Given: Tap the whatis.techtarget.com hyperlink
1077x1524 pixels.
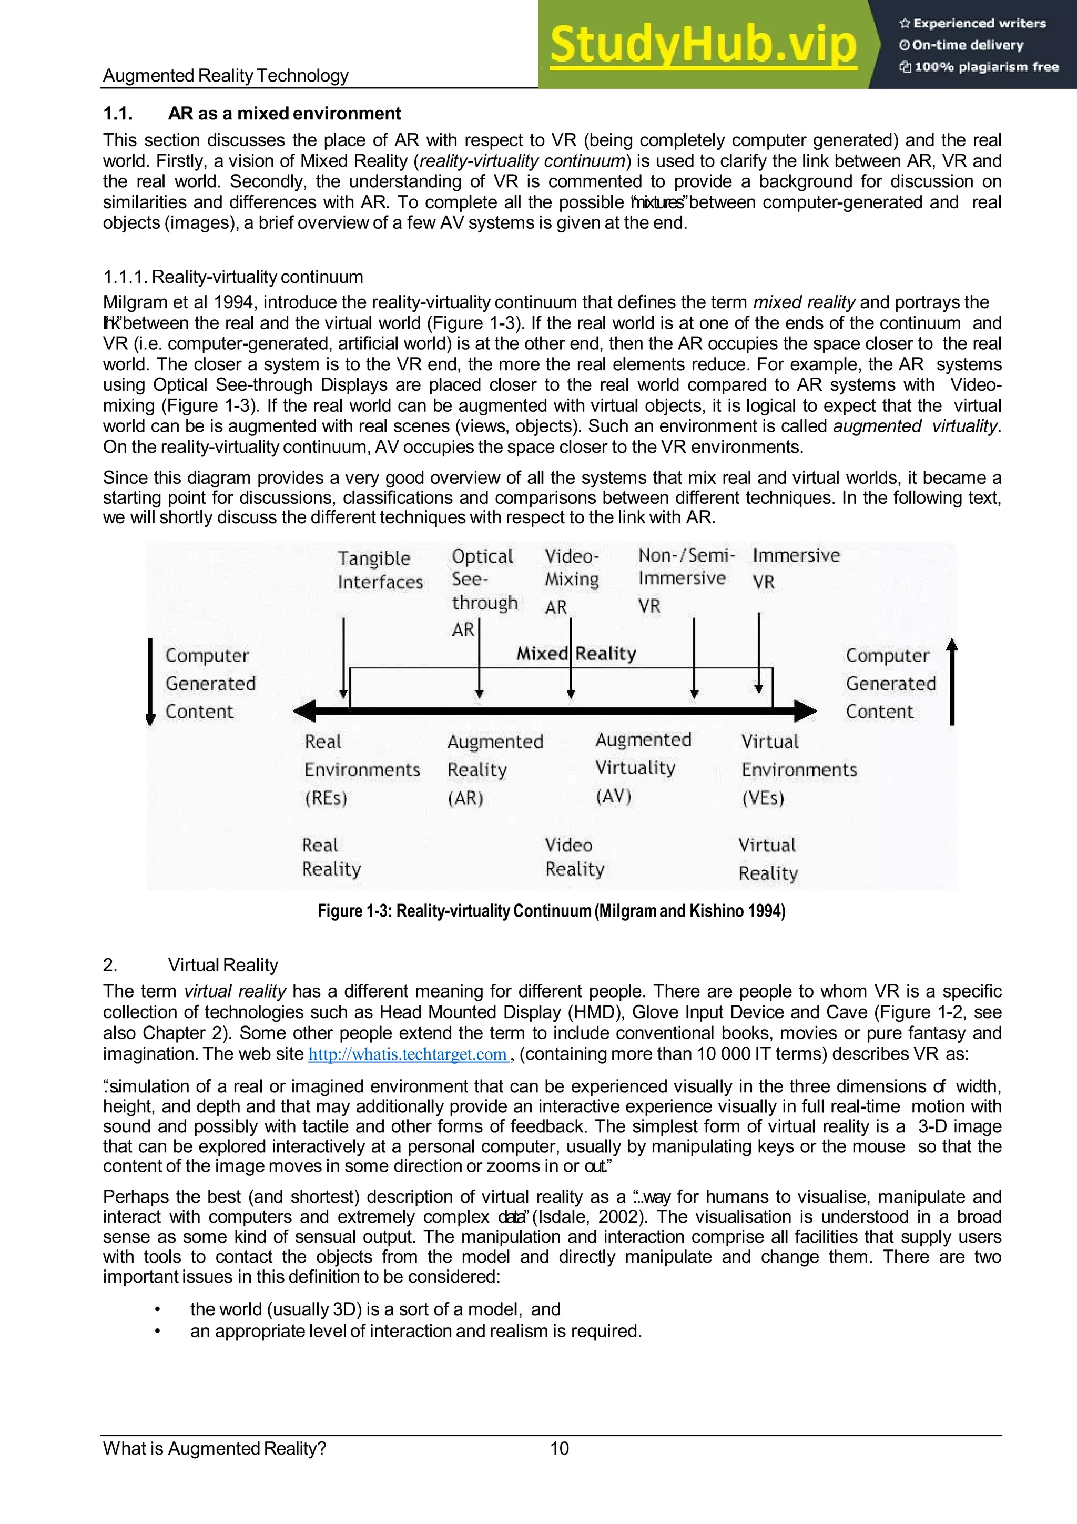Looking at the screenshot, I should [x=408, y=1054].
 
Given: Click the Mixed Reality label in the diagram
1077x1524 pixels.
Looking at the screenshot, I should [x=576, y=653].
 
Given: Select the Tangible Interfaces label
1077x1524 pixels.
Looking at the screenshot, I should [x=380, y=570].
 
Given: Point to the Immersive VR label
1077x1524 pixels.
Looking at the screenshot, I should [x=796, y=567].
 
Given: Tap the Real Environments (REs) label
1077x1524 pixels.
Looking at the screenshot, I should [x=362, y=769].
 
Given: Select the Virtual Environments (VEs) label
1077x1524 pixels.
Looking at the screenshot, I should [x=798, y=769].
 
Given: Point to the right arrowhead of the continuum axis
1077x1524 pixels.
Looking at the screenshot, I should [x=806, y=711].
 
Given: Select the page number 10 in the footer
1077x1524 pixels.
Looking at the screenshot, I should [x=560, y=1448].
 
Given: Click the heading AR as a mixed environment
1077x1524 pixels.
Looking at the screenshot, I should [x=284, y=114].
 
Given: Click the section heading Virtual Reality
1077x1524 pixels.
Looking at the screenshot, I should [x=222, y=964].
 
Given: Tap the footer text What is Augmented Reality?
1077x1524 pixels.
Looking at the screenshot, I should [x=215, y=1448].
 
